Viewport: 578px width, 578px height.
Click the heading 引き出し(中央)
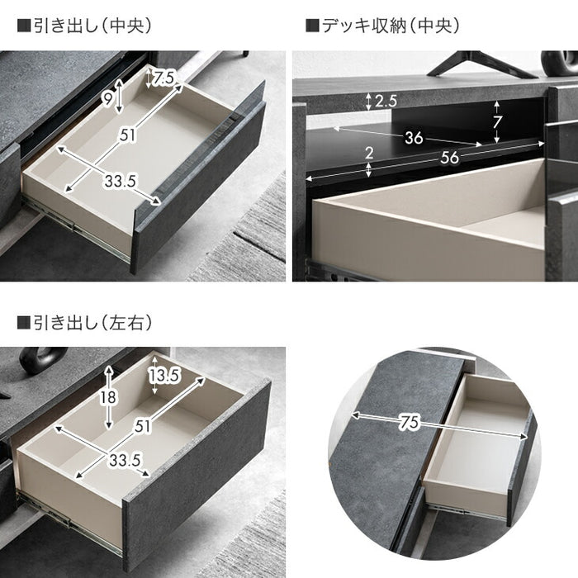pos(84,26)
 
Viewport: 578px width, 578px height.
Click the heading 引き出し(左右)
pos(84,323)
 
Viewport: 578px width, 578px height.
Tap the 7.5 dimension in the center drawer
pos(164,78)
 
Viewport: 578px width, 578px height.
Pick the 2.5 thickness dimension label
pos(386,102)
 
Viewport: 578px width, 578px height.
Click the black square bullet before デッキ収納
pos(311,26)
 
